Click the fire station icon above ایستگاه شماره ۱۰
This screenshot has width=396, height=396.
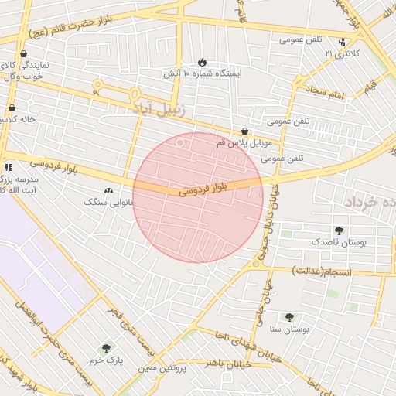202,61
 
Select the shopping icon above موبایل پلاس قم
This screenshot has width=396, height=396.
245,131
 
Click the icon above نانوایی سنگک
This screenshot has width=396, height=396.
108,190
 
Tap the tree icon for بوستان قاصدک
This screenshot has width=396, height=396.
339,230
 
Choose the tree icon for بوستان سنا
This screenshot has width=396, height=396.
289,317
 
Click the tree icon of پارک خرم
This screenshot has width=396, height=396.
106,349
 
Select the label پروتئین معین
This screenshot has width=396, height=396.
163,367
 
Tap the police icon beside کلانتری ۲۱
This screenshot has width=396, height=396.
343,42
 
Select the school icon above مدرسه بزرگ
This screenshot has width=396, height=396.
8,167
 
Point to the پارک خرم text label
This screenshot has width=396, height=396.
106,360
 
